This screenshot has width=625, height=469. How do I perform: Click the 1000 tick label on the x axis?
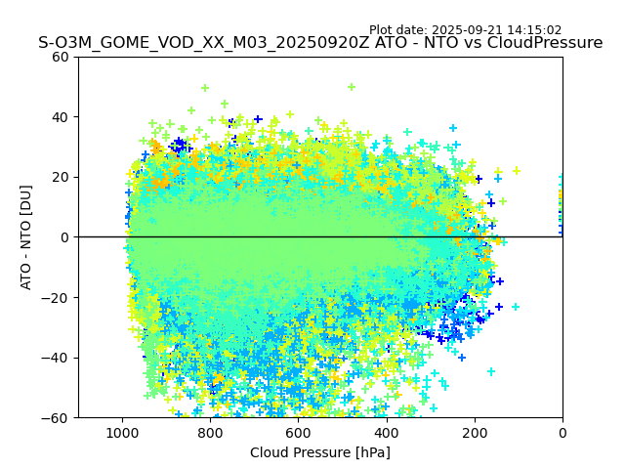click(x=122, y=433)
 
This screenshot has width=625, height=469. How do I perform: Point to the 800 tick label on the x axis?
click(x=210, y=433)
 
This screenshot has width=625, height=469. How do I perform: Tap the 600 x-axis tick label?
click(x=298, y=433)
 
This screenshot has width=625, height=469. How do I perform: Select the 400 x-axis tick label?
click(x=386, y=433)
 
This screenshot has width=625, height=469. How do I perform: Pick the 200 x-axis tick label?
click(x=475, y=433)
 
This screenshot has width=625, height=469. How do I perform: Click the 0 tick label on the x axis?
click(x=562, y=433)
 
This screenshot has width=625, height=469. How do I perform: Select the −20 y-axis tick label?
click(x=57, y=298)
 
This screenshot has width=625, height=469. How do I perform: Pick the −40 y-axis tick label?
click(x=57, y=358)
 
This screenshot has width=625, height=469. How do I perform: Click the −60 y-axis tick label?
click(x=57, y=418)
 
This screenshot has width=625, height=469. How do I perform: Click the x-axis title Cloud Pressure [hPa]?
click(x=320, y=452)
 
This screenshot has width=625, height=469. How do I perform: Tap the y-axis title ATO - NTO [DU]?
click(x=27, y=237)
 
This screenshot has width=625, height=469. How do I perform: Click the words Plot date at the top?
click(x=396, y=30)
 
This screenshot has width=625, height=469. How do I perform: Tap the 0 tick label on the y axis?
click(x=65, y=237)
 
